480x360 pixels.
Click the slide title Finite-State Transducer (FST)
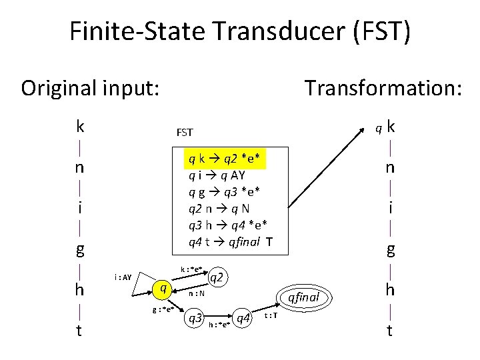point(240,32)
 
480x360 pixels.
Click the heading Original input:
point(90,88)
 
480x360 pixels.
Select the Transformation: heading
point(383,88)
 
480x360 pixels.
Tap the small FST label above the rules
point(184,133)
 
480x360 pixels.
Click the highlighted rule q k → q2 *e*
point(226,159)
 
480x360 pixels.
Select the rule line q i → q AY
point(216,175)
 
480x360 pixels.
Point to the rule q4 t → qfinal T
point(230,242)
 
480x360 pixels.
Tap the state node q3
point(196,319)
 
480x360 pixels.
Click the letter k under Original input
point(80,126)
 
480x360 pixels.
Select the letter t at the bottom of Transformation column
point(390,330)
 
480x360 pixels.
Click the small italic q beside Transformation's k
point(377,127)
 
